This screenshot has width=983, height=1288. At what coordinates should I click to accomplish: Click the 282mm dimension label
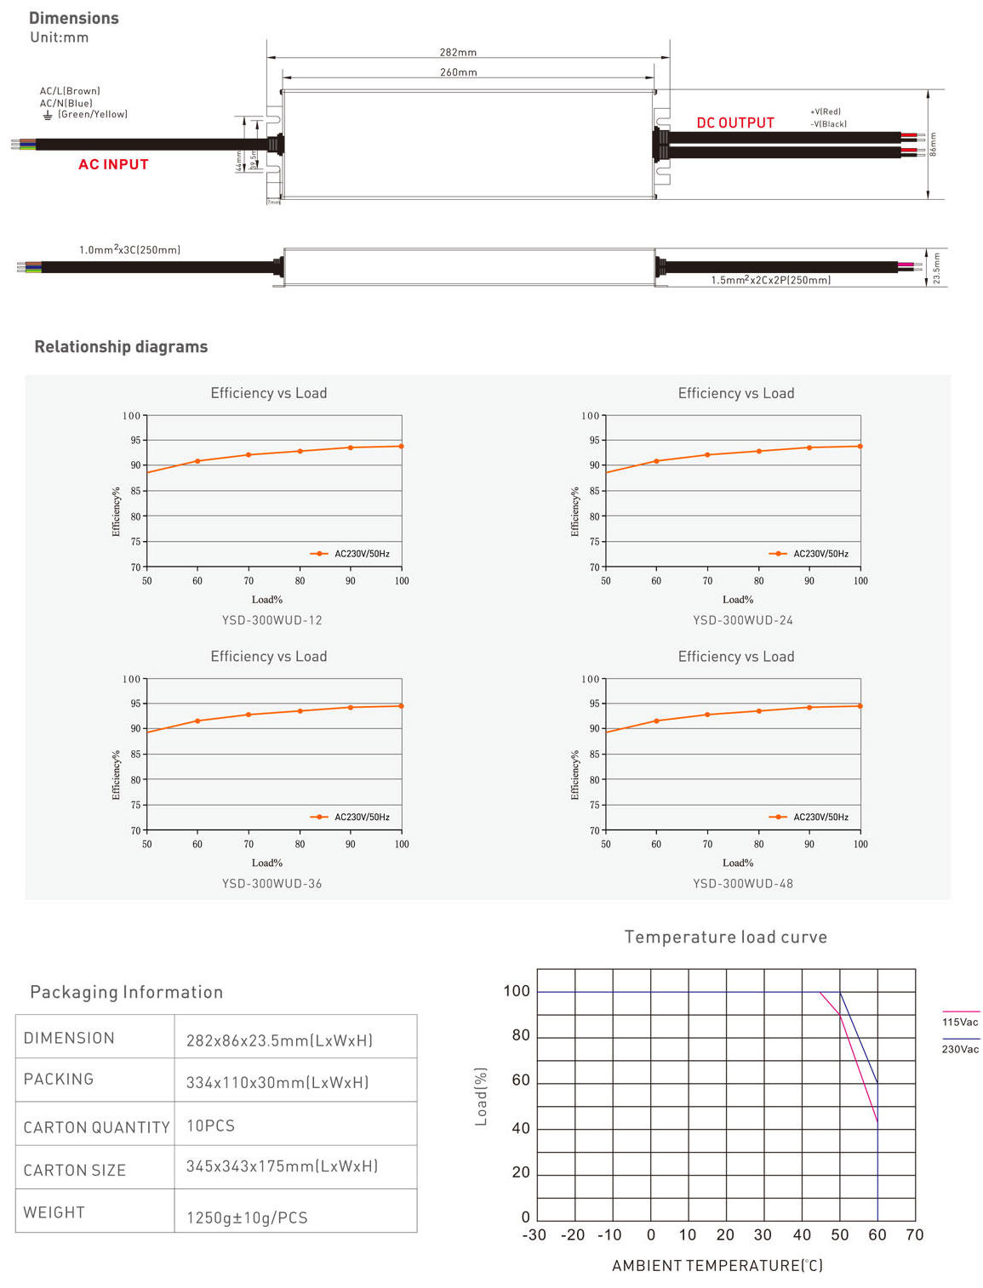(x=458, y=52)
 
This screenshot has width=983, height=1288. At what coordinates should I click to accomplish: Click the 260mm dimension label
(x=458, y=72)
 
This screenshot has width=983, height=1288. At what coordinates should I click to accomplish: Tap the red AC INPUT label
(x=113, y=164)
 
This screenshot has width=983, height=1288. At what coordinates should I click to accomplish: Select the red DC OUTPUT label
(x=735, y=123)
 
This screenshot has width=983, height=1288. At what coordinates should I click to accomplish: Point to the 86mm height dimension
(x=933, y=144)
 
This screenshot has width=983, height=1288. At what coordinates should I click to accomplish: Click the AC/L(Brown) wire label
(x=70, y=91)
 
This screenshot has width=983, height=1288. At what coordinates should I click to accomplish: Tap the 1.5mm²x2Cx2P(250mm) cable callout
(x=770, y=280)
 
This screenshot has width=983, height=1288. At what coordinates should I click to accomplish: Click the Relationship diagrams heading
(x=121, y=346)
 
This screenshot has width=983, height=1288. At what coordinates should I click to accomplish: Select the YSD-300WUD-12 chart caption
(x=272, y=620)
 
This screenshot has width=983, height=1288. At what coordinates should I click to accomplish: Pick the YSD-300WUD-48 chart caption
(x=743, y=884)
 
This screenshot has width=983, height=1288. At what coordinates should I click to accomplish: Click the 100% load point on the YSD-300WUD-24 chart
(x=860, y=446)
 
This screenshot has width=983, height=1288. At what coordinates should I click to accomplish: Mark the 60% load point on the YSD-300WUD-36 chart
(x=197, y=721)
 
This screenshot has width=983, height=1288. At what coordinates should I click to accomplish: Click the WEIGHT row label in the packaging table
(x=54, y=1212)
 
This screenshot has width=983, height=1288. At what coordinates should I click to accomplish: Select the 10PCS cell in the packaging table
(x=211, y=1126)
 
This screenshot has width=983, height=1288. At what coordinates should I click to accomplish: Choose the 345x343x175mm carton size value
(x=282, y=1166)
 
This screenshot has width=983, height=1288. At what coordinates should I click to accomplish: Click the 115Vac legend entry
(x=960, y=1022)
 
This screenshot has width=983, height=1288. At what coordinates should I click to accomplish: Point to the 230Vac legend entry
(x=960, y=1049)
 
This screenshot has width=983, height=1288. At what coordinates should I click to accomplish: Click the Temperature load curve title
(x=725, y=937)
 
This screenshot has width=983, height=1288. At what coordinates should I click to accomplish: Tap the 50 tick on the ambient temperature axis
(x=840, y=1234)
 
